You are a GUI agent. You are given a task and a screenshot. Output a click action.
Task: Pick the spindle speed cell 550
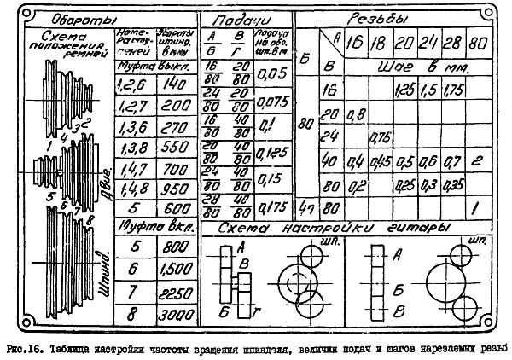pyautogui.click(x=177, y=146)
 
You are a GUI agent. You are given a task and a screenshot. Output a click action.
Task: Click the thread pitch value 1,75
pyautogui.click(x=456, y=89)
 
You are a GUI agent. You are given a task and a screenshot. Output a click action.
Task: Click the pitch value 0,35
pyautogui.click(x=456, y=183)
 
